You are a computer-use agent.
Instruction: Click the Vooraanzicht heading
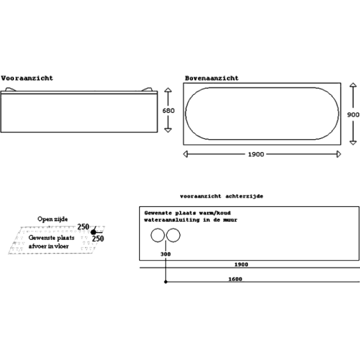[27, 78]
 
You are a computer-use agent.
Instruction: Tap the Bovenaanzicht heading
[211, 78]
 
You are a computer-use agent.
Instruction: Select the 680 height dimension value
[168, 110]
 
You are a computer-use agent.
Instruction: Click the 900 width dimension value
[353, 114]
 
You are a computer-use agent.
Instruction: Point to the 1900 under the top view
[256, 154]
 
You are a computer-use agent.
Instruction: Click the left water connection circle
[157, 235]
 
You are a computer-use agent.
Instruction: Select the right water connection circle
[173, 235]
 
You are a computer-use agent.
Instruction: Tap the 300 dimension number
[165, 254]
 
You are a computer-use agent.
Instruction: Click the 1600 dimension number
[235, 279]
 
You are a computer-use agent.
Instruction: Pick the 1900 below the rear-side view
[241, 264]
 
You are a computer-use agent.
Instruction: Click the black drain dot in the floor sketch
[93, 232]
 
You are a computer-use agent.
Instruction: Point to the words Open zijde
[52, 219]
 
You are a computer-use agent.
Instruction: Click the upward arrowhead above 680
[168, 90]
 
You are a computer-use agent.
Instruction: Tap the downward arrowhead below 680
[168, 130]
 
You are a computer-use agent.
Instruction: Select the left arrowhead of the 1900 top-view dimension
[185, 154]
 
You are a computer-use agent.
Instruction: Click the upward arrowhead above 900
[353, 84]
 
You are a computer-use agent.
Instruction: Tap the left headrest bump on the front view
[10, 89]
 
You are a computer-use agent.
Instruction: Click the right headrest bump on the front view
[147, 89]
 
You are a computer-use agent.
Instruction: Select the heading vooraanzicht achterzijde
[221, 196]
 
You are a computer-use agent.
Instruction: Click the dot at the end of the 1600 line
[165, 281]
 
